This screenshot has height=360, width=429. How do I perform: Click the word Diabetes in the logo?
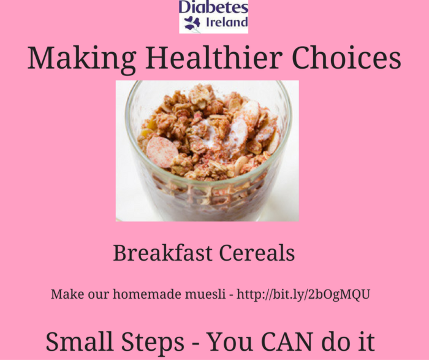coord(213,8)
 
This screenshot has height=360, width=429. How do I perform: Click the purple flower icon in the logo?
coord(192,23)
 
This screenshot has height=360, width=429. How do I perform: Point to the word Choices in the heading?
coord(346,58)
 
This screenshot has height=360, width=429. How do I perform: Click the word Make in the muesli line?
coord(64,294)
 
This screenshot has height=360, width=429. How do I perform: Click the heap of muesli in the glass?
coord(208,132)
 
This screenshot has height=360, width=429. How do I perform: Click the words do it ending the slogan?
coord(349,341)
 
